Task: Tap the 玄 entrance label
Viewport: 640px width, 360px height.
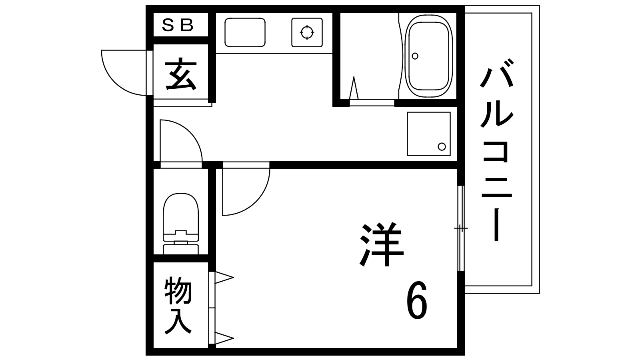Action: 181,75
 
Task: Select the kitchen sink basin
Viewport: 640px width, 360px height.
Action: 245,32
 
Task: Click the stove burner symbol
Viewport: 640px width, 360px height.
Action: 307,32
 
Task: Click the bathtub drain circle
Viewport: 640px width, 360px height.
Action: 415,56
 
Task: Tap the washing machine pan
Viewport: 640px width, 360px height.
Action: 428,134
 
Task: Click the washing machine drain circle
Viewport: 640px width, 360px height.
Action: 442,146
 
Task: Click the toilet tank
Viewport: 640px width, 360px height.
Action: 181,247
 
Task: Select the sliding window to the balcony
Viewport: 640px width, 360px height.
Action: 461,228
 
